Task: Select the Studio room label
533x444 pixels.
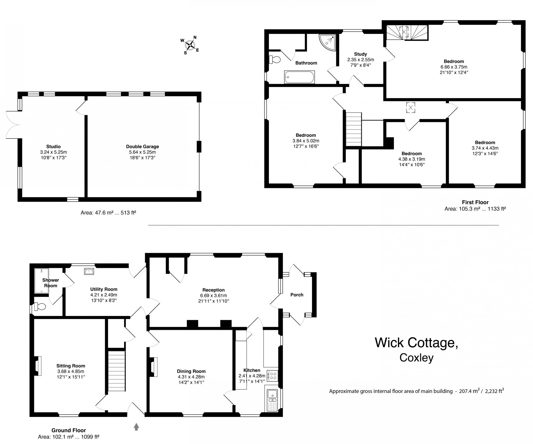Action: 53,147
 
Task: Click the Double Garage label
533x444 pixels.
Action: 142,147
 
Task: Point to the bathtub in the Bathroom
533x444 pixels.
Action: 300,77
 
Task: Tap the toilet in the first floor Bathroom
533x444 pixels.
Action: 275,60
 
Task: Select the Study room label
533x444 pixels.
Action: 360,54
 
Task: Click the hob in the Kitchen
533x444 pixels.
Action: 272,376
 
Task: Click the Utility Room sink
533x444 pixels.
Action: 89,271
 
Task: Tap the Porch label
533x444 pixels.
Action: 297,295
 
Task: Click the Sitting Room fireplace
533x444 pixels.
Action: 38,366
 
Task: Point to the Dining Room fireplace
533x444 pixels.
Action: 154,367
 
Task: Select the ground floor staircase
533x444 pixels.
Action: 117,371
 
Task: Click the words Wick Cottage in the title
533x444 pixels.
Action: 416,342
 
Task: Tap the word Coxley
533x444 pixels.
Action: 416,358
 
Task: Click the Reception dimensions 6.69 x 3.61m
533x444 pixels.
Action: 213,295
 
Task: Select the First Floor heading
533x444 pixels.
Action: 475,202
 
